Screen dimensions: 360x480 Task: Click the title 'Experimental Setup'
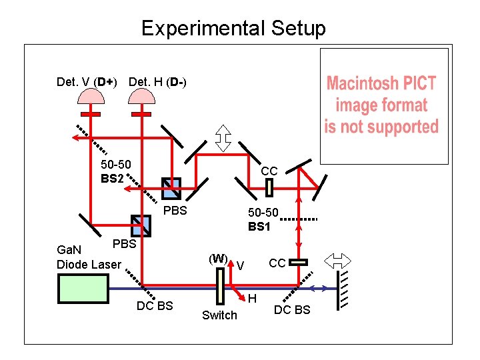coord(233,28)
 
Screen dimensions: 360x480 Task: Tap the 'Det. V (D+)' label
coord(87,82)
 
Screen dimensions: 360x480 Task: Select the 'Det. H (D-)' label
coord(157,82)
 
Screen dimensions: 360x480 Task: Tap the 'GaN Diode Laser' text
coord(89,257)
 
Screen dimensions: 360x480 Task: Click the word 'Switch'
coord(219,315)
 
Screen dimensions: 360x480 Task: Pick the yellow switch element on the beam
coord(220,289)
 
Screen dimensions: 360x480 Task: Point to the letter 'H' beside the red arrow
coord(253,301)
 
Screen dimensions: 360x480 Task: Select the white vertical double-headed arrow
coord(224,137)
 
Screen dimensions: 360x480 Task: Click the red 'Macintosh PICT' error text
coord(381,105)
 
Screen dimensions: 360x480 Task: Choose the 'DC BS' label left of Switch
coord(155,306)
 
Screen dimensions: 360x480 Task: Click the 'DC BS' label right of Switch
coord(292,310)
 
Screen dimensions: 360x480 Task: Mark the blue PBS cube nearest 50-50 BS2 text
coord(171,189)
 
